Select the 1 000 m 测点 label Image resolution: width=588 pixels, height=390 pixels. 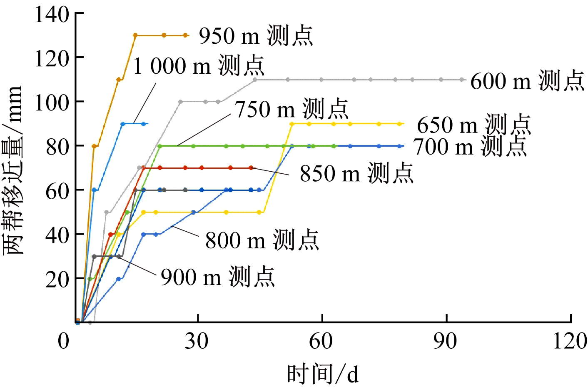[x=199, y=65]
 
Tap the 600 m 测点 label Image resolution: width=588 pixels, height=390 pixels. [x=527, y=80]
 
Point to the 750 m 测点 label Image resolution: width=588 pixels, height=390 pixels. [x=292, y=109]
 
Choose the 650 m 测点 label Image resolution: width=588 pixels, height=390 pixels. [x=474, y=125]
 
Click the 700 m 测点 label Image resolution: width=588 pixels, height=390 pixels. [x=470, y=146]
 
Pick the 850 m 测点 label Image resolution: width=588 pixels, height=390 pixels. [x=357, y=173]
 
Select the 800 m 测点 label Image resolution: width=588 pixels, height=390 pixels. [x=262, y=240]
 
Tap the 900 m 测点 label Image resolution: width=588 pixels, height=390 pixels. [x=218, y=277]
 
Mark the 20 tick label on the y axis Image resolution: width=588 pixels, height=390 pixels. [x=57, y=279]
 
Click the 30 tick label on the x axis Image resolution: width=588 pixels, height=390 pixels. [x=197, y=341]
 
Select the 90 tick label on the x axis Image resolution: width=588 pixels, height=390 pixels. [x=445, y=341]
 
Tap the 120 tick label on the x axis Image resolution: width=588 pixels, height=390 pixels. [x=569, y=341]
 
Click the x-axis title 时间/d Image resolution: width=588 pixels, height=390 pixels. [x=323, y=373]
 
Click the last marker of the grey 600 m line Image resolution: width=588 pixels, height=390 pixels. [x=462, y=80]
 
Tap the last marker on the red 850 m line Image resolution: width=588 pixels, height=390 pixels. [x=251, y=168]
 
